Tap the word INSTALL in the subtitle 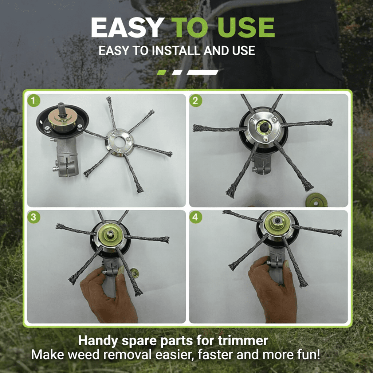[x=176, y=51]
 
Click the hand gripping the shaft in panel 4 [x=272, y=291]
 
